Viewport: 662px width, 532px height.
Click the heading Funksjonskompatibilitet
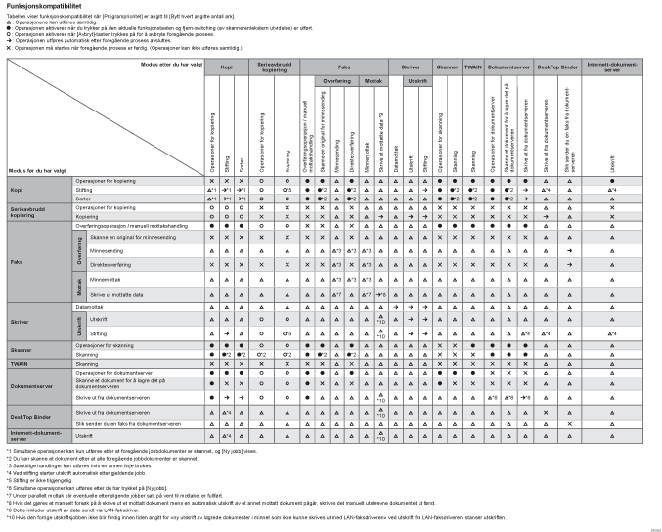pyautogui.click(x=40, y=5)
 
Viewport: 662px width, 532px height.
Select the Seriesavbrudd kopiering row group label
pyautogui.click(x=28, y=212)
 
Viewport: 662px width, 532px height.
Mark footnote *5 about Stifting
pyautogui.click(x=44, y=480)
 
